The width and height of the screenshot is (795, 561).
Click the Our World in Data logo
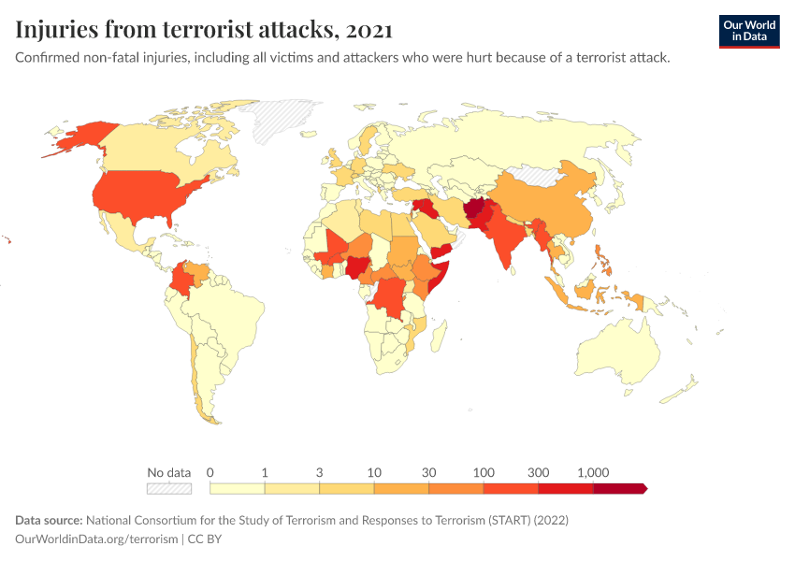point(748,30)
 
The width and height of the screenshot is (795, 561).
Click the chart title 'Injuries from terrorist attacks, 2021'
point(204,30)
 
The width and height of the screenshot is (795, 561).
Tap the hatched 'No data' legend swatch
point(169,488)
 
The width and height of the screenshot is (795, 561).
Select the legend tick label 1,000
point(593,472)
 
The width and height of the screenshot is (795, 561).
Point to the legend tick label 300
point(538,472)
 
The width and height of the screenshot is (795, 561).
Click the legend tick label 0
point(210,472)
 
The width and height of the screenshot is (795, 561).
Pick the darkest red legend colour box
point(619,488)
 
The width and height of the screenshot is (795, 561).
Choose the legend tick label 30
point(428,472)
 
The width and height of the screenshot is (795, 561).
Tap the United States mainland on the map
point(150,196)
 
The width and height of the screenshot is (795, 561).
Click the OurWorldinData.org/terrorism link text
point(96,539)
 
